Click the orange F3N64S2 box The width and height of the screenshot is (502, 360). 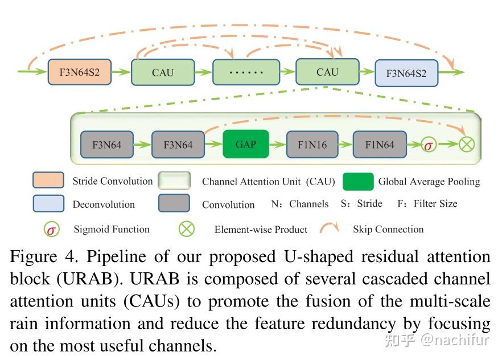pyautogui.click(x=80, y=72)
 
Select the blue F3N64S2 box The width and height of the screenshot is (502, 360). pyautogui.click(x=406, y=73)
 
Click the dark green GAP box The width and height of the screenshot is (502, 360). pyautogui.click(x=245, y=144)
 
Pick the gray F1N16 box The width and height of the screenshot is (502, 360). pyautogui.click(x=312, y=145)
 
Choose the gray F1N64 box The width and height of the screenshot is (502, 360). pyautogui.click(x=380, y=145)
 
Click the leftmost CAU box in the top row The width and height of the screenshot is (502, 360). pyautogui.click(x=163, y=72)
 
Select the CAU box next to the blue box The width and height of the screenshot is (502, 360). pyautogui.click(x=327, y=72)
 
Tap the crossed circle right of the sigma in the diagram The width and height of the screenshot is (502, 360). pyautogui.click(x=466, y=145)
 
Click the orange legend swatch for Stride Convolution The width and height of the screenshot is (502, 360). pyautogui.click(x=48, y=181)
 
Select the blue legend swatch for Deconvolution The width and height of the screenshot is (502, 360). pyautogui.click(x=48, y=203)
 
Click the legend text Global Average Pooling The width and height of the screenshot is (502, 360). pyautogui.click(x=429, y=182)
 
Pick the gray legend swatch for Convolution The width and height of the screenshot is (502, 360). pyautogui.click(x=174, y=203)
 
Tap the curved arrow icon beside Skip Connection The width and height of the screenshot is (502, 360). pyautogui.click(x=330, y=228)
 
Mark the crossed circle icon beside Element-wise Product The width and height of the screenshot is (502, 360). pyautogui.click(x=187, y=229)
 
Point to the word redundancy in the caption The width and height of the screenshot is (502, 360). pyautogui.click(x=348, y=324)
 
